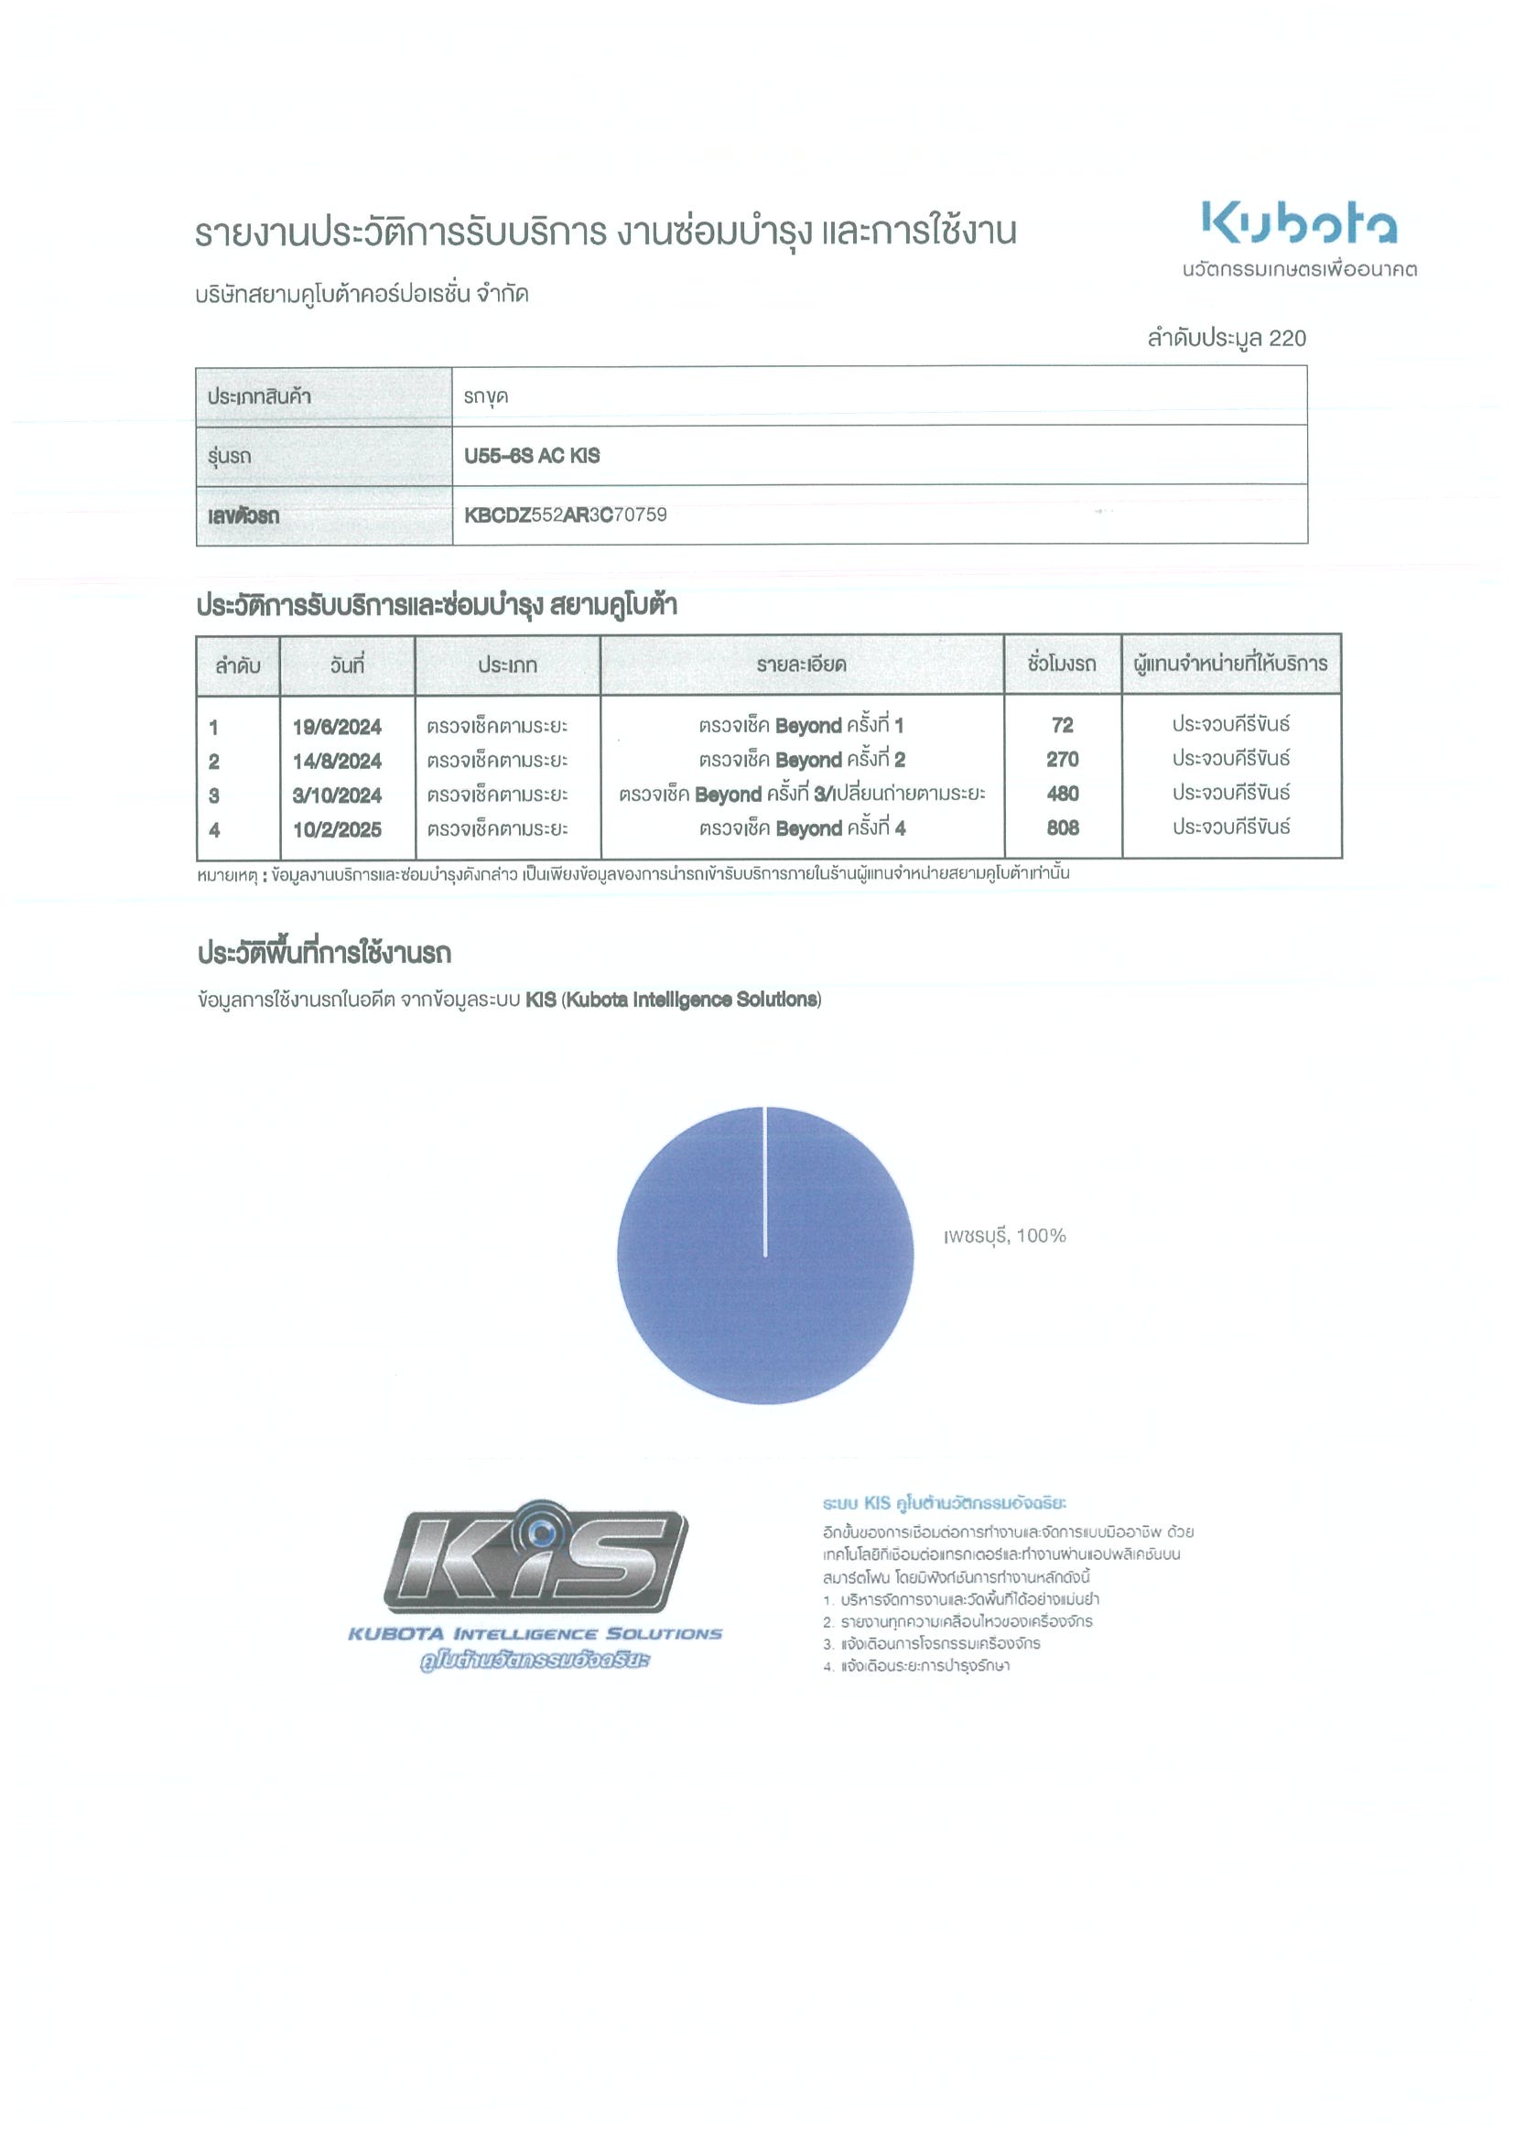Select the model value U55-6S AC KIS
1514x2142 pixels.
[532, 455]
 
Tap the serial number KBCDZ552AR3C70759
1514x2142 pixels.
[566, 515]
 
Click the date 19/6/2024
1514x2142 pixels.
[337, 727]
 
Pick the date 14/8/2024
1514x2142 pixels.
[337, 762]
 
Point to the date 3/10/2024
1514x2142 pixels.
[337, 795]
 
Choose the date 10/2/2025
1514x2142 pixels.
[337, 829]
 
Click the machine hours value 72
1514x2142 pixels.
[1062, 725]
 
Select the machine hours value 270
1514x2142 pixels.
[1062, 760]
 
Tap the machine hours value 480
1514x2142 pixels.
[1062, 794]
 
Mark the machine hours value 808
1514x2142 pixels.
[1062, 828]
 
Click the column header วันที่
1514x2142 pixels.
[347, 665]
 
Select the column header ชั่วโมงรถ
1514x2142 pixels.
[1062, 665]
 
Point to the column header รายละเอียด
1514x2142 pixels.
[801, 665]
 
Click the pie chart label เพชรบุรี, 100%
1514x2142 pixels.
[1004, 1235]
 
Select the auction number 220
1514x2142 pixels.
[1287, 338]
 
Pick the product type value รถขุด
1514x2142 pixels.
[485, 396]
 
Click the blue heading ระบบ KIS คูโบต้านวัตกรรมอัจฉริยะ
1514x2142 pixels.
[944, 1503]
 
